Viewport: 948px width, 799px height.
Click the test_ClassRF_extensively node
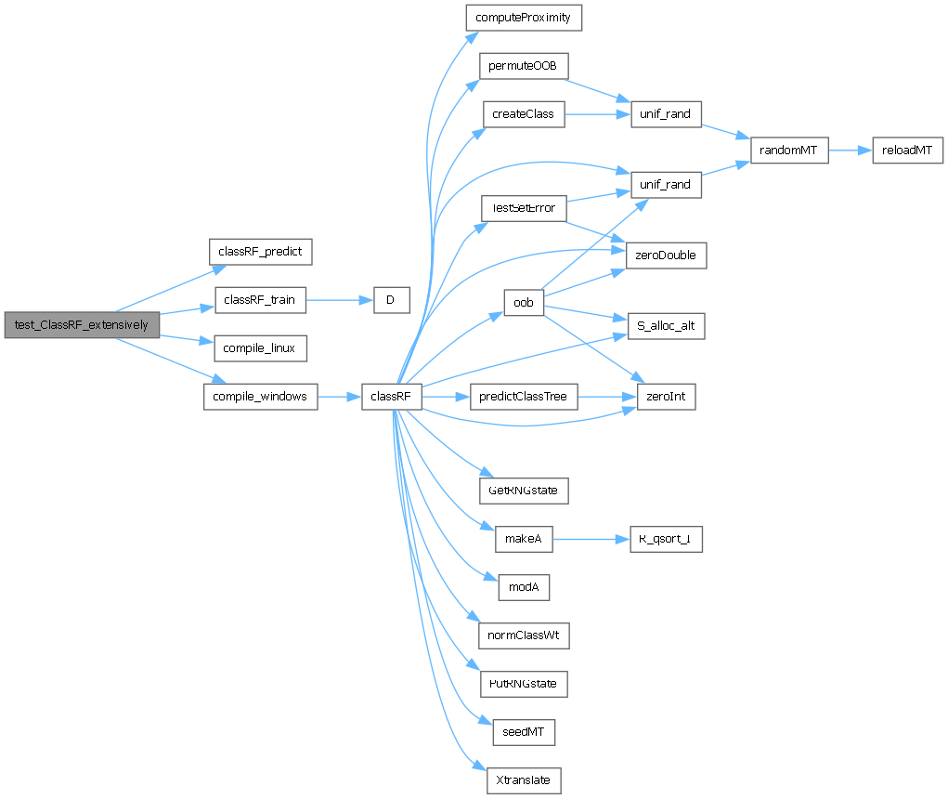click(x=82, y=325)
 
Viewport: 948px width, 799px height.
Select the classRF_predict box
click(x=260, y=251)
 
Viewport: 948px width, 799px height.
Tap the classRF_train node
click(x=260, y=300)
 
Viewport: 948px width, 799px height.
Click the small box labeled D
click(x=392, y=300)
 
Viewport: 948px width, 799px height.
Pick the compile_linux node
click(x=260, y=348)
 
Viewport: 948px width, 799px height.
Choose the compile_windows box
click(x=260, y=397)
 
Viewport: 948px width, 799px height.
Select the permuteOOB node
click(x=523, y=66)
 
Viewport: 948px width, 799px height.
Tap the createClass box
click(x=523, y=114)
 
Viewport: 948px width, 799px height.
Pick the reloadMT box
click(x=907, y=150)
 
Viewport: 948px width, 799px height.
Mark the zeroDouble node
click(x=667, y=255)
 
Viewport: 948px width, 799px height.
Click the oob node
click(x=523, y=302)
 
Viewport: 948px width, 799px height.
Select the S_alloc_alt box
click(x=667, y=326)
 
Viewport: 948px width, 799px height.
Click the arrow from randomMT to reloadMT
click(x=850, y=150)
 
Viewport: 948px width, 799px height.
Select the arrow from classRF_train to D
click(x=340, y=300)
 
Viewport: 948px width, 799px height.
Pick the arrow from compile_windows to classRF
click(x=340, y=397)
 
